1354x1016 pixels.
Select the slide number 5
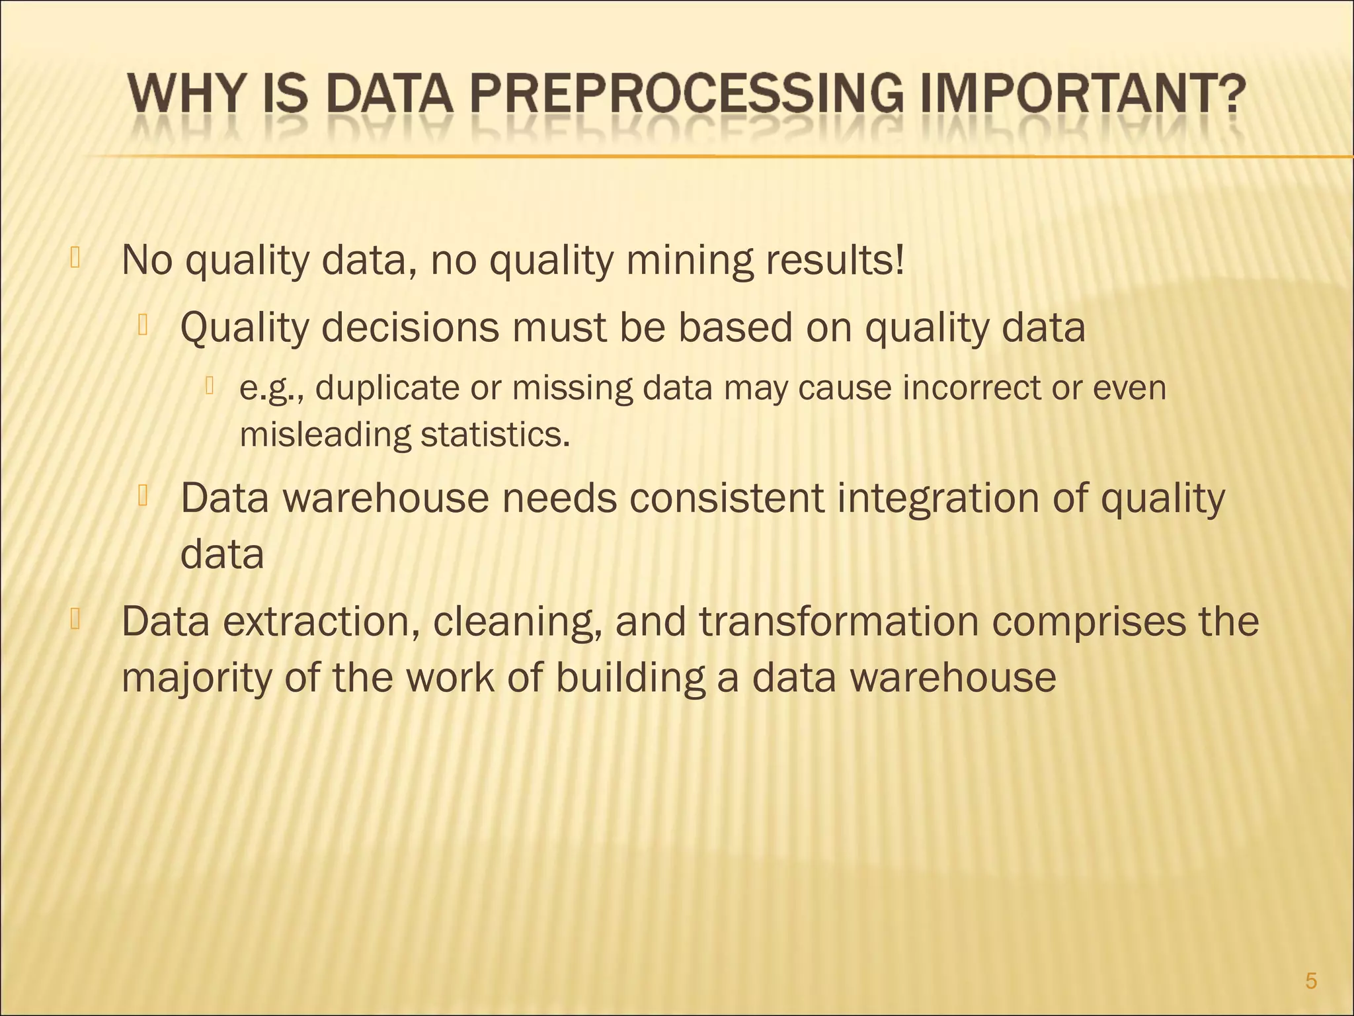(1311, 982)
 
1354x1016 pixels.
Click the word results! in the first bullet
(835, 261)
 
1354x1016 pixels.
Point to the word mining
(689, 263)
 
